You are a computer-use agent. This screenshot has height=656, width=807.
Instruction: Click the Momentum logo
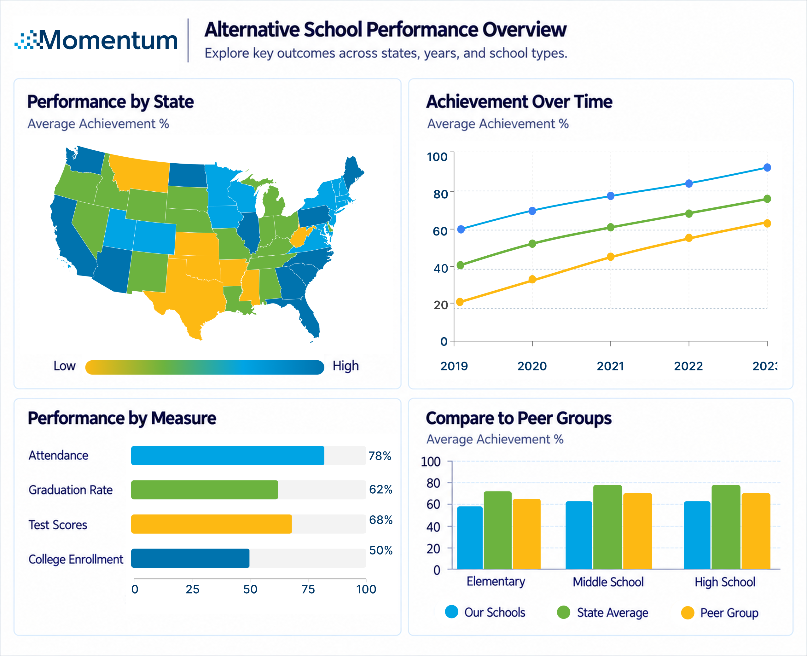[96, 40]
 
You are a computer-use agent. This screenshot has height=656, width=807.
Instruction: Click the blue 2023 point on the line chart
[767, 167]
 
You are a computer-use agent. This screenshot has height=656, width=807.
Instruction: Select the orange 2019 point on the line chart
[460, 302]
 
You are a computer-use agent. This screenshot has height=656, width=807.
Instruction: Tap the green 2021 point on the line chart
[611, 227]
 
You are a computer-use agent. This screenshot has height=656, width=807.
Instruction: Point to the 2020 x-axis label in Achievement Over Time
[532, 366]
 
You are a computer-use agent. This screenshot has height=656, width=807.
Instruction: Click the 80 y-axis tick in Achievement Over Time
[440, 194]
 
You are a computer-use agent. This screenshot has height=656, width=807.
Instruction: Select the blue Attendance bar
[227, 455]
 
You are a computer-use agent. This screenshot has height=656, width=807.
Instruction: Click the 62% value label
[380, 489]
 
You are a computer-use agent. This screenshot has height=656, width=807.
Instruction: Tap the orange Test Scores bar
[211, 524]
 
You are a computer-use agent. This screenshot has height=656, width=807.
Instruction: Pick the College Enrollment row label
[76, 559]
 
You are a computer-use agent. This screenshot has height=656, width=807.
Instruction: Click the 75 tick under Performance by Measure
[308, 589]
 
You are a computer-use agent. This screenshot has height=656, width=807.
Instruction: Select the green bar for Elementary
[497, 530]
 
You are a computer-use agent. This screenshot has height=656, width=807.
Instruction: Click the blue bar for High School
[697, 535]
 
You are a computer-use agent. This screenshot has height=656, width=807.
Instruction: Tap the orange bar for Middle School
[637, 531]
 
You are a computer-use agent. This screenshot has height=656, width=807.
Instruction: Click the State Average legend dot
[563, 612]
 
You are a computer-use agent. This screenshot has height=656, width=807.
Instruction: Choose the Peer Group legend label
[729, 612]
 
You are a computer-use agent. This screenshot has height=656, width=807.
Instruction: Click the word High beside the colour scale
[345, 366]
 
